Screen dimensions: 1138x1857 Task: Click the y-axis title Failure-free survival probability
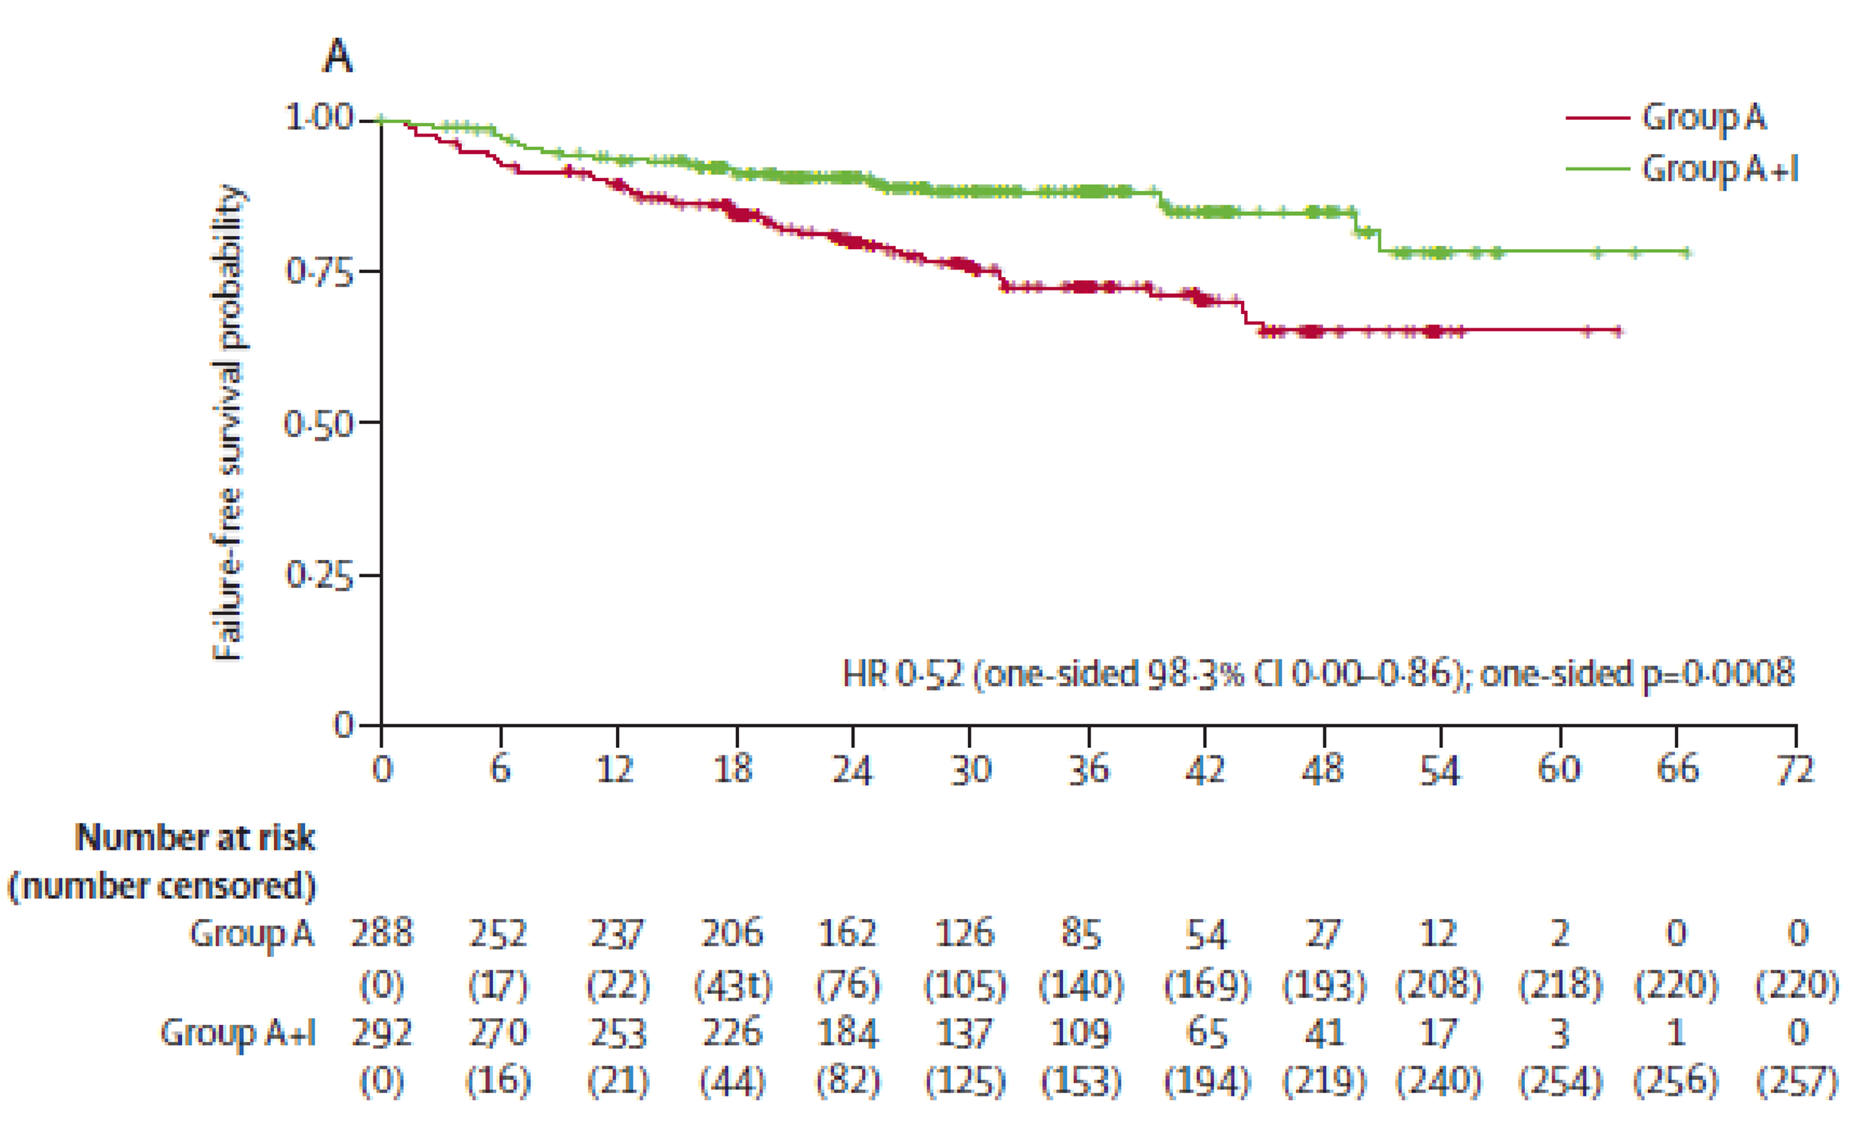pyautogui.click(x=228, y=423)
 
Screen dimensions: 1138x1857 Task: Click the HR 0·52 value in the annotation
pyautogui.click(x=903, y=673)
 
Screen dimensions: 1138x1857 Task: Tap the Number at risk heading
pyautogui.click(x=195, y=838)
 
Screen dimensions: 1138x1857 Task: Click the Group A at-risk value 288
pyautogui.click(x=382, y=934)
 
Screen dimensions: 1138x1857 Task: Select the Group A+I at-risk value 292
pyautogui.click(x=382, y=1032)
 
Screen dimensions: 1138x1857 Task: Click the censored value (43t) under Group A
pyautogui.click(x=733, y=985)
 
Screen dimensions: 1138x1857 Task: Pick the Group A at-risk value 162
pyautogui.click(x=848, y=934)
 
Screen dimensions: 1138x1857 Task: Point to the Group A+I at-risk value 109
pyautogui.click(x=1081, y=1032)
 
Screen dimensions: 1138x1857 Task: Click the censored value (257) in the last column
pyautogui.click(x=1797, y=1081)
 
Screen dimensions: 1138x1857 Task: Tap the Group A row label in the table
pyautogui.click(x=251, y=934)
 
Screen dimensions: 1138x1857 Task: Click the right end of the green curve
pyautogui.click(x=1688, y=252)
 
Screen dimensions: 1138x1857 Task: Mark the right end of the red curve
pyautogui.click(x=1620, y=331)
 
